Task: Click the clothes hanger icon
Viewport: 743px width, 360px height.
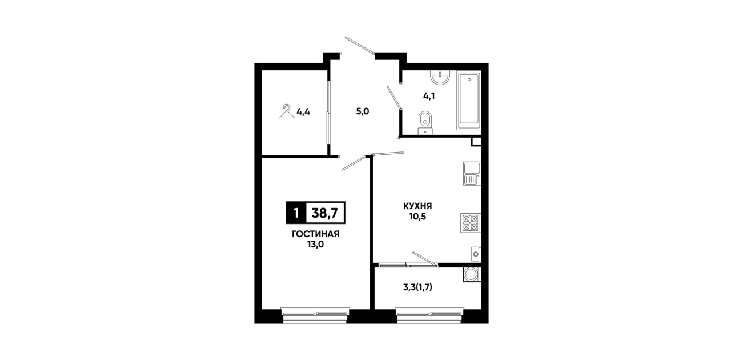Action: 287,111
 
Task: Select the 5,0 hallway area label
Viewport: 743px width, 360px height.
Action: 363,111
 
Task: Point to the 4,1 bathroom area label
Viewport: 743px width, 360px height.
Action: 429,96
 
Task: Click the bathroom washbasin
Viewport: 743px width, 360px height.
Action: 440,77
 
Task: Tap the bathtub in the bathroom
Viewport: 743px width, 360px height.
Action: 469,101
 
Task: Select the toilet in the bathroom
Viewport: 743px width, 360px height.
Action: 425,123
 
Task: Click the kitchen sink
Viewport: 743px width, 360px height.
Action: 472,174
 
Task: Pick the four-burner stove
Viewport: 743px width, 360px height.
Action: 471,223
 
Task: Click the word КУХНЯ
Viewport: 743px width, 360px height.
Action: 417,206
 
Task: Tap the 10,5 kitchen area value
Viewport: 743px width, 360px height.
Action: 418,217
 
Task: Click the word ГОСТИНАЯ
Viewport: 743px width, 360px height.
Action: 315,234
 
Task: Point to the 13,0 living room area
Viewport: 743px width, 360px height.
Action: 315,245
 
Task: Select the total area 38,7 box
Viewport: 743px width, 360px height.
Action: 326,213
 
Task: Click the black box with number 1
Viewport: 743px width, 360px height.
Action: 296,213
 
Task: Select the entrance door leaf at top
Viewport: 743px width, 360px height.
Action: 360,45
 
